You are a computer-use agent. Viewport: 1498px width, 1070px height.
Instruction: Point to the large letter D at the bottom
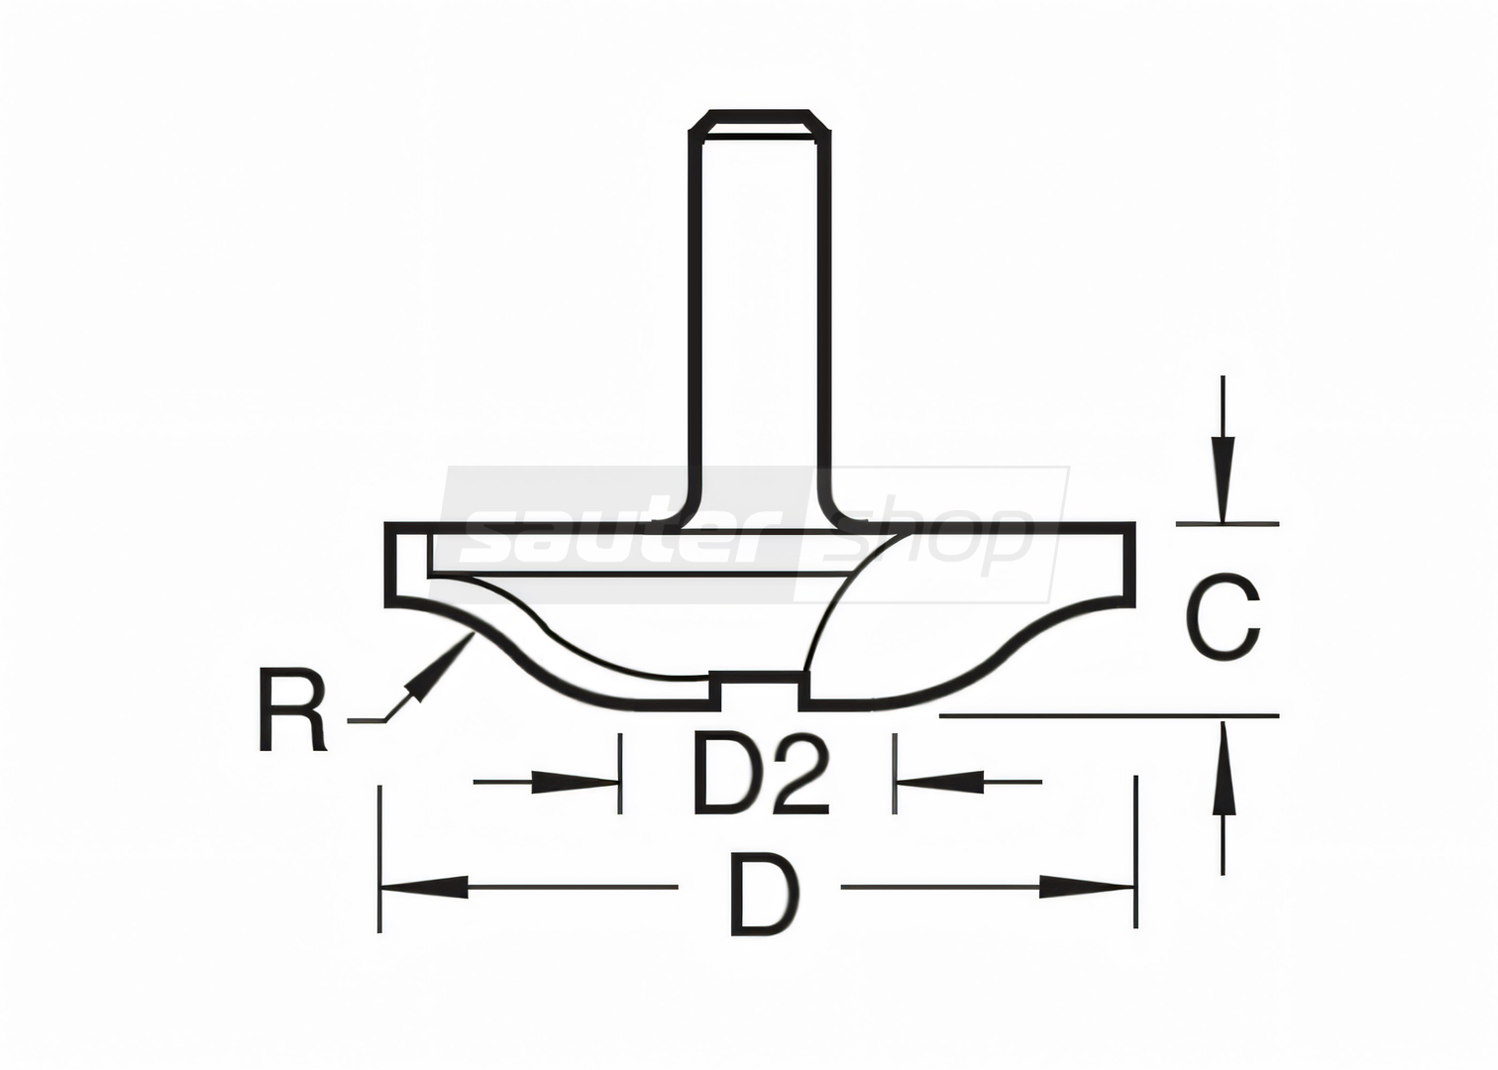[766, 893]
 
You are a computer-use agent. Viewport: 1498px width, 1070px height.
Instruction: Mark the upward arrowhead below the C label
[1224, 767]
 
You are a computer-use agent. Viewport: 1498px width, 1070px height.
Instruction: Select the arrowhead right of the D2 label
[939, 782]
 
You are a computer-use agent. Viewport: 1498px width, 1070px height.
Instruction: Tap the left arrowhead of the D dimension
[423, 888]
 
